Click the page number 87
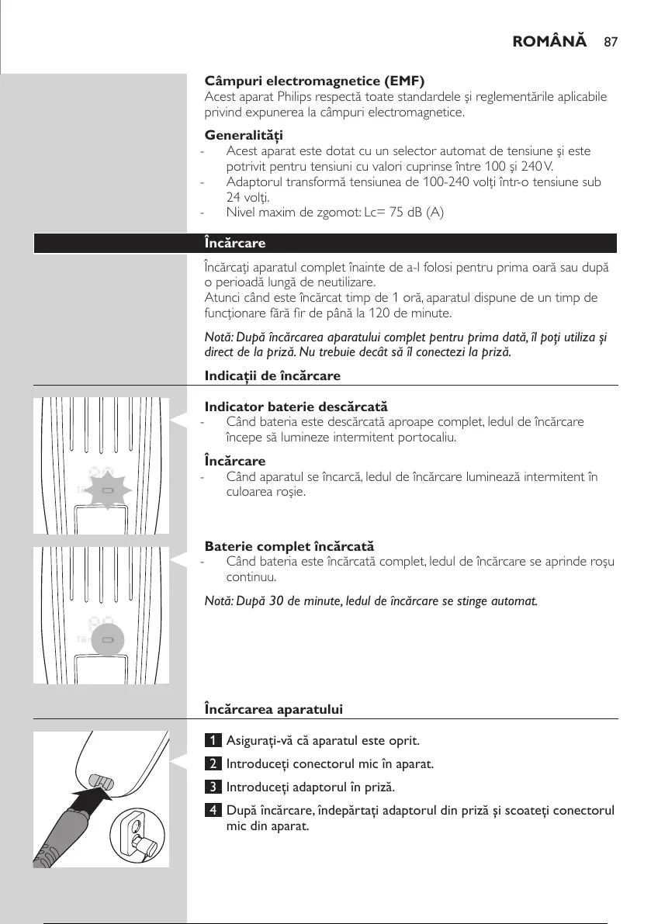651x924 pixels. point(610,40)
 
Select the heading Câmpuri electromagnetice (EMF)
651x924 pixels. point(314,81)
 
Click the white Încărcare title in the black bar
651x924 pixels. point(234,243)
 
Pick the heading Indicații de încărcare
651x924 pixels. point(272,375)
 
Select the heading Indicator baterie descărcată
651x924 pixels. point(296,407)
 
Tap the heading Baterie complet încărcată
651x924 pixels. point(289,547)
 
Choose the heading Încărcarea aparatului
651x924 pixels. point(273,709)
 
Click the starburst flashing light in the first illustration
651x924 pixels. point(108,491)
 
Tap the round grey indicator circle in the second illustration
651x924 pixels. point(108,641)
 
